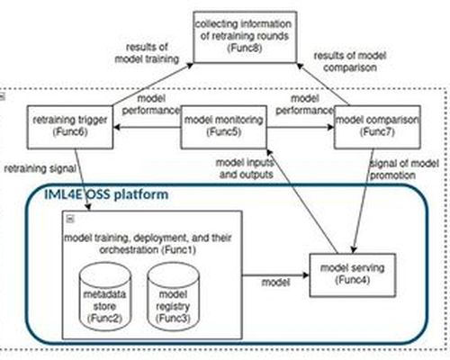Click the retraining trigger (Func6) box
tap(70, 127)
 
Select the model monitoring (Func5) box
tap(224, 127)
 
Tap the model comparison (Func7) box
tap(377, 127)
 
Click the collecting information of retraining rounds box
tap(245, 37)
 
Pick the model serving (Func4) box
tap(353, 275)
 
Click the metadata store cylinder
tap(105, 296)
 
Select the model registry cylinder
tap(173, 296)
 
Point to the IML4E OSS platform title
tap(106, 194)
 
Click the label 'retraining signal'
tap(40, 168)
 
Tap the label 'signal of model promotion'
tap(404, 169)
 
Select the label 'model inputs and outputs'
tap(245, 168)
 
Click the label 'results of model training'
tap(147, 53)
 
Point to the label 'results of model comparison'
tap(350, 61)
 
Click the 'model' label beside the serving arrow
tap(275, 283)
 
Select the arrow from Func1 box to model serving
tap(275, 275)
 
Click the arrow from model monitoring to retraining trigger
tap(147, 128)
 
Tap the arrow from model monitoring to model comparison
tap(301, 128)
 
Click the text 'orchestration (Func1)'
tap(148, 249)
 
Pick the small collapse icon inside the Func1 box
tap(70, 219)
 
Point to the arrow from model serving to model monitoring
tap(301, 202)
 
